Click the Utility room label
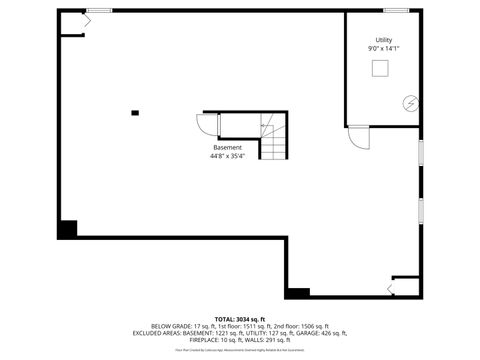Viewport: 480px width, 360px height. [x=384, y=40]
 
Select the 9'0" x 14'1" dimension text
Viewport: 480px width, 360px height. [x=384, y=48]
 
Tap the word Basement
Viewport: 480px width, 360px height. [x=227, y=147]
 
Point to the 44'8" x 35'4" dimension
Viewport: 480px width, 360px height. [x=227, y=155]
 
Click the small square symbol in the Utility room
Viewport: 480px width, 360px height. [x=381, y=67]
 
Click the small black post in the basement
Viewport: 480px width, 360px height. [x=135, y=112]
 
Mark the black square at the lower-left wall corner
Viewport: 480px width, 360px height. [x=67, y=229]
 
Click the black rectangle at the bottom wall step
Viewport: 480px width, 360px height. [x=297, y=293]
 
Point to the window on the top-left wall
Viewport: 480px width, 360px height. [x=98, y=10]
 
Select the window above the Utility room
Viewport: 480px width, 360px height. [x=395, y=10]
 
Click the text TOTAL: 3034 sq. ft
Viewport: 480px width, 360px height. [x=240, y=319]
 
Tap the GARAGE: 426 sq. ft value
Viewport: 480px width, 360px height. [x=322, y=333]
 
